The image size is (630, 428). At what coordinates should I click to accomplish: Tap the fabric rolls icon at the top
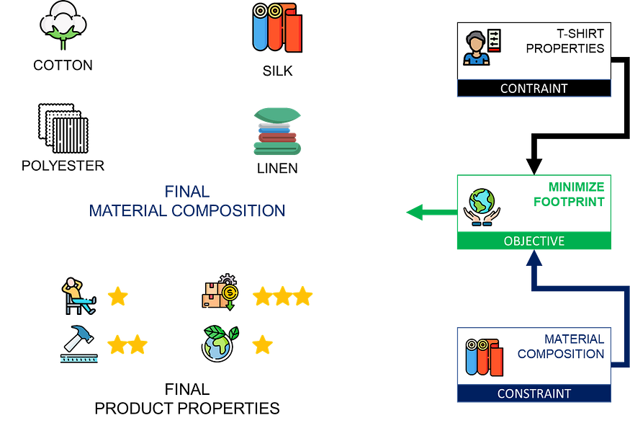(x=277, y=28)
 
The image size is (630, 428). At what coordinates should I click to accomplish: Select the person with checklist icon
(x=482, y=48)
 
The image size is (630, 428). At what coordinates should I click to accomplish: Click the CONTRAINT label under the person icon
(x=534, y=89)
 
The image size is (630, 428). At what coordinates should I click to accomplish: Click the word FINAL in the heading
(x=187, y=192)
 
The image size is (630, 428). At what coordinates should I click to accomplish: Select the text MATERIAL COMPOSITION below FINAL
(x=187, y=211)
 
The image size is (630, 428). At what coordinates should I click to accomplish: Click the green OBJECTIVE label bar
(x=534, y=241)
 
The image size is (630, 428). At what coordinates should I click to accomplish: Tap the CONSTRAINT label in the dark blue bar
(x=534, y=393)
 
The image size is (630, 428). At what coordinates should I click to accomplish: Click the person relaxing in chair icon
(x=78, y=295)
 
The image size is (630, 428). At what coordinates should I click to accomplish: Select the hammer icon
(x=78, y=344)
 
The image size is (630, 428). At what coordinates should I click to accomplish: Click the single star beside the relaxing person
(x=117, y=295)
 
